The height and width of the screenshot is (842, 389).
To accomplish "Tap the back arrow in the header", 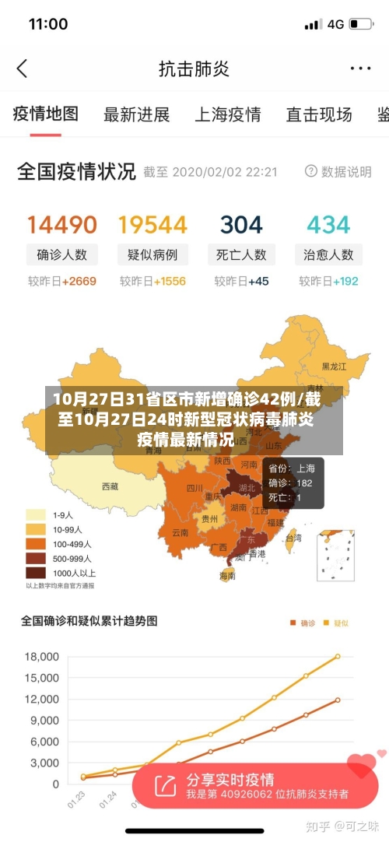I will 22,68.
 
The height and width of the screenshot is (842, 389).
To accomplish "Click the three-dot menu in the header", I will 359,68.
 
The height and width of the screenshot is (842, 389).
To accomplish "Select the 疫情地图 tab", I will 46,114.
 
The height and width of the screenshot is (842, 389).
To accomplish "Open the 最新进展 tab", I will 136,115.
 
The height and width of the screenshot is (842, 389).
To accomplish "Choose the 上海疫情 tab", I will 227,115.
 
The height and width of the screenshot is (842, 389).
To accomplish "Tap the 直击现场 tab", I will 319,115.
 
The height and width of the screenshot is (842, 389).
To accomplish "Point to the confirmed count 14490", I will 62,225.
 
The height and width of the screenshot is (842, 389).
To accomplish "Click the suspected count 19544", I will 152,225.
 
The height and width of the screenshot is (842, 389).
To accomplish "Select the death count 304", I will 241,225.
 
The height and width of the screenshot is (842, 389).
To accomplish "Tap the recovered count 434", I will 328,225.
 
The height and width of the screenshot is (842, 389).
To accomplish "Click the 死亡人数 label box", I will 241,254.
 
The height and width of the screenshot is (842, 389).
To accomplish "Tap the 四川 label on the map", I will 194,489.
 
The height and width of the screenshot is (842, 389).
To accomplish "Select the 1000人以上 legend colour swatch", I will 36,572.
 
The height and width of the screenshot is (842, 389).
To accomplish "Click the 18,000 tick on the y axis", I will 42,657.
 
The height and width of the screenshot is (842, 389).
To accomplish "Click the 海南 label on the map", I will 227,576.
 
